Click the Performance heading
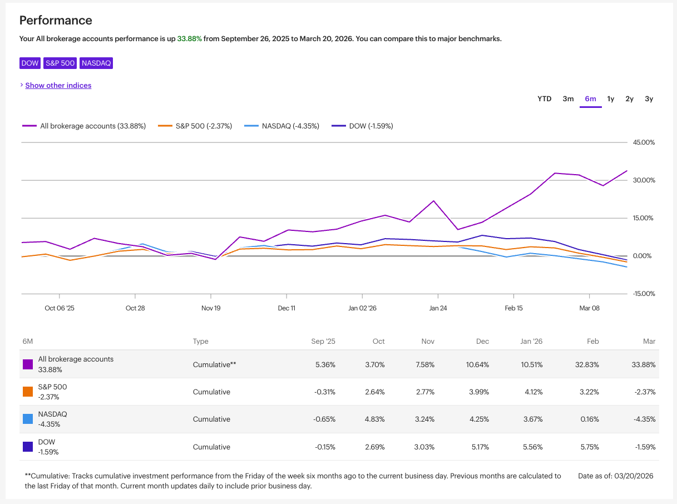[x=56, y=21]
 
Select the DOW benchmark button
[x=30, y=63]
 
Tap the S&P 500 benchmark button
[x=60, y=63]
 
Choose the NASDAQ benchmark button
[x=96, y=63]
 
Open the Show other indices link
[x=58, y=85]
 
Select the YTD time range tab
[x=544, y=99]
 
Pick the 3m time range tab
[x=568, y=99]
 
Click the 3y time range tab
[x=649, y=99]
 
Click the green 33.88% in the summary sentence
[x=189, y=39]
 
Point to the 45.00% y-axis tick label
[x=644, y=142]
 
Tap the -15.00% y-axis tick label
[x=644, y=294]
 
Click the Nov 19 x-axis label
[x=211, y=308]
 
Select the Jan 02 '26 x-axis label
[x=362, y=308]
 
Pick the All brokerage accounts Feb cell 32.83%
[x=589, y=364]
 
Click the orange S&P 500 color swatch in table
[x=28, y=392]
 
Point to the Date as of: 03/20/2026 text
[x=615, y=476]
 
